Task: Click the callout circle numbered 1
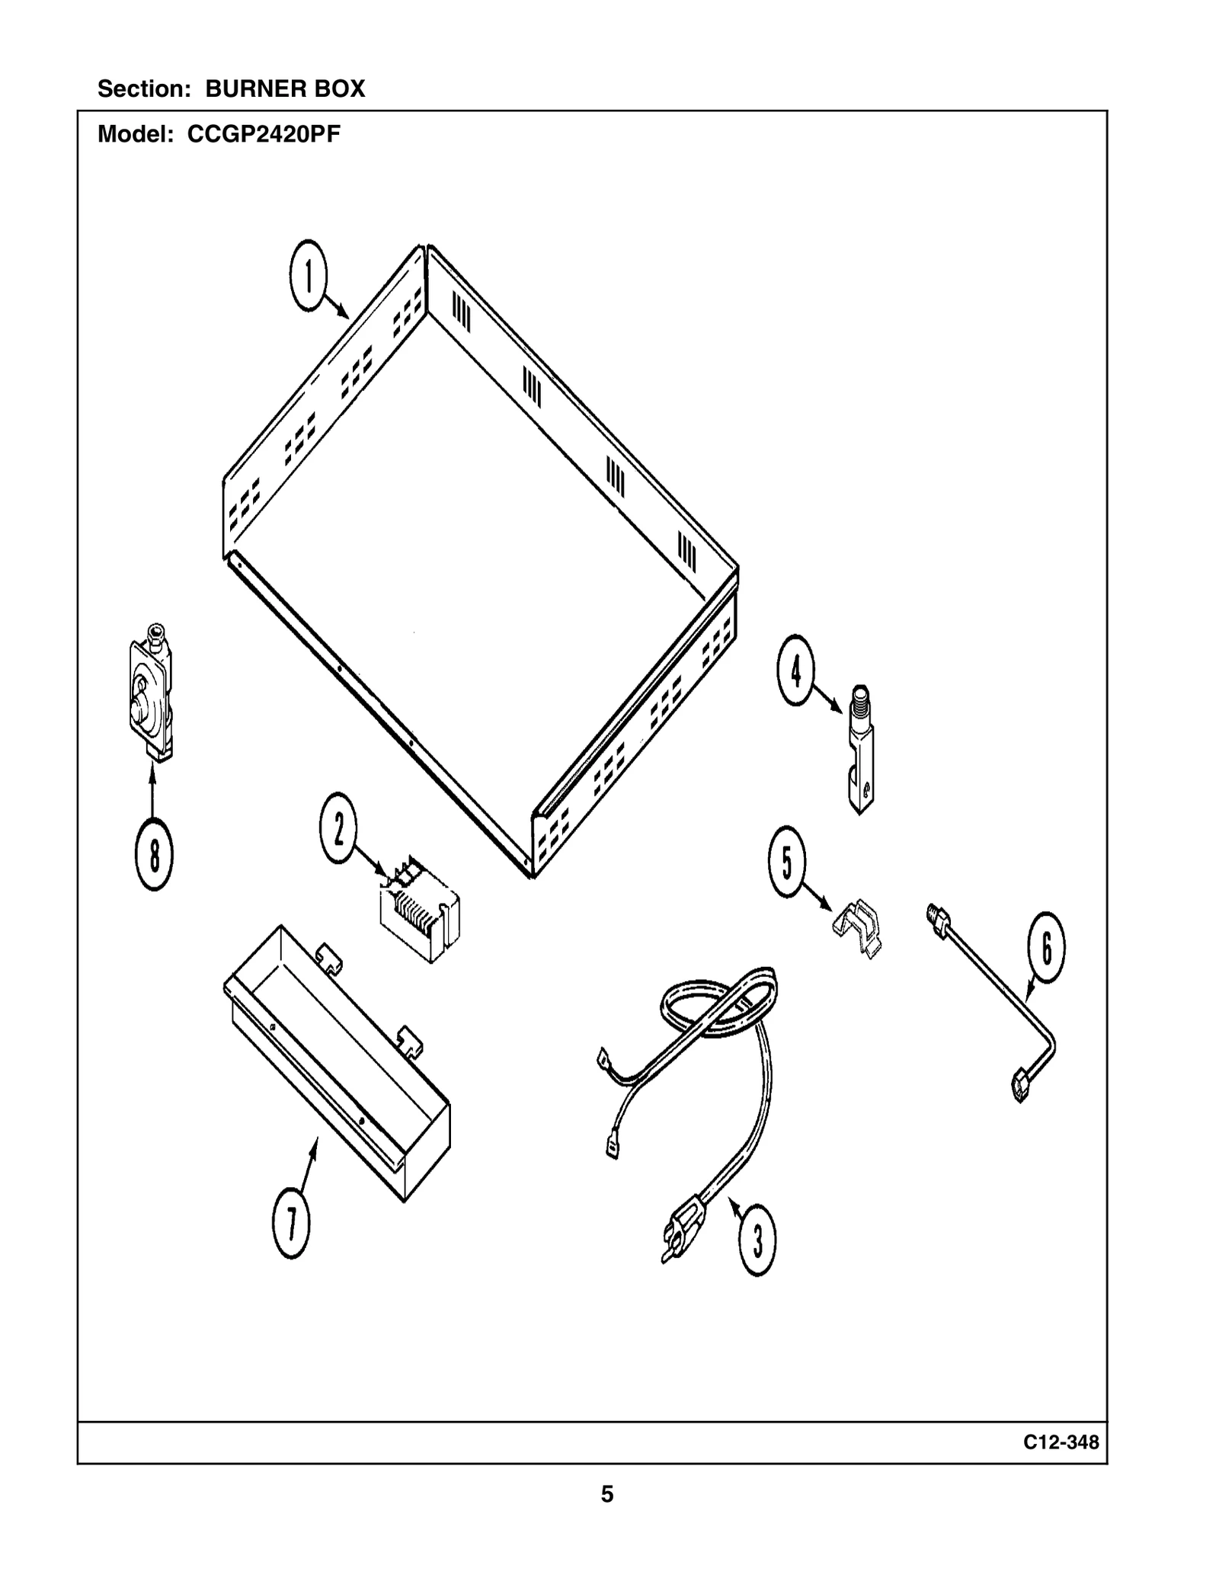[x=308, y=275]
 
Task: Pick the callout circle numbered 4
[x=796, y=670]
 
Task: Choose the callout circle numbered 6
[x=1046, y=947]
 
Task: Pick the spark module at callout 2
[x=420, y=910]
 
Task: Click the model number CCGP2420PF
[x=264, y=135]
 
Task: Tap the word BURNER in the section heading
[x=245, y=89]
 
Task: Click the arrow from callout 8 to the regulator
[x=152, y=792]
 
